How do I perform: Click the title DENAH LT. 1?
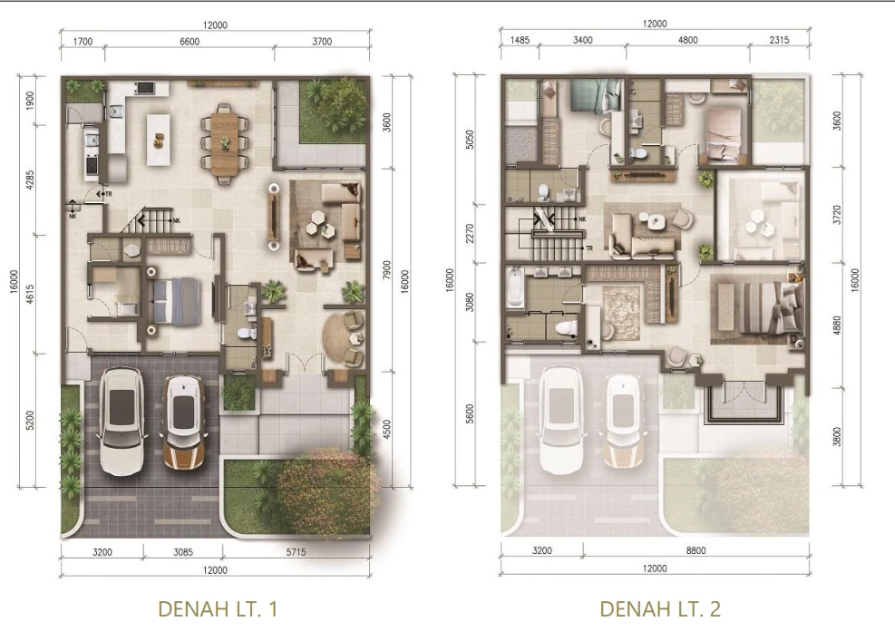(x=218, y=609)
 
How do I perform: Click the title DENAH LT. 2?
(x=660, y=609)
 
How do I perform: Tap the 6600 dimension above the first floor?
(x=190, y=41)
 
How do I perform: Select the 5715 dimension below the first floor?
(x=296, y=552)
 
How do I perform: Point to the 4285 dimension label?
(x=30, y=180)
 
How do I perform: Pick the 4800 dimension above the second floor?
(x=688, y=40)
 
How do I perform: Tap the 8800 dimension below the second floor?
(x=696, y=551)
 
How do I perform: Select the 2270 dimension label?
(x=470, y=233)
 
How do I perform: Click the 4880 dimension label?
(x=837, y=325)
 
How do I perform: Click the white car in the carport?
(x=122, y=422)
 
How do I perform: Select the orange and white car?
(x=184, y=422)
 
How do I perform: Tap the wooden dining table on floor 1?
(x=225, y=143)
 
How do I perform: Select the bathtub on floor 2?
(x=515, y=287)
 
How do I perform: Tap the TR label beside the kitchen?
(x=109, y=195)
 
